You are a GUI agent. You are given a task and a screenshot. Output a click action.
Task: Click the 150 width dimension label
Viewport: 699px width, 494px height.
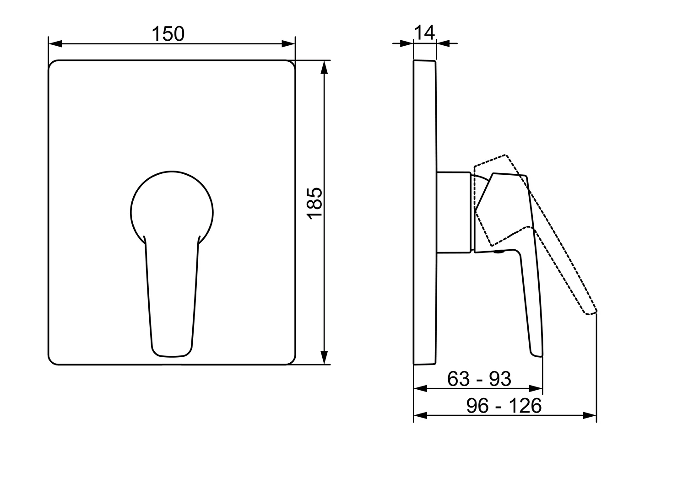point(168,34)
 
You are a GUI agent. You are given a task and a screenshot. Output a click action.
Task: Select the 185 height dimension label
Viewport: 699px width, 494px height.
point(314,204)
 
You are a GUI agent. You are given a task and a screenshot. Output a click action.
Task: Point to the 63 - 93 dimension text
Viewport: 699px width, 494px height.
point(479,379)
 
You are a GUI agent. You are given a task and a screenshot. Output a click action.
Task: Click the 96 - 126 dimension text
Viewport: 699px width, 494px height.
point(504,406)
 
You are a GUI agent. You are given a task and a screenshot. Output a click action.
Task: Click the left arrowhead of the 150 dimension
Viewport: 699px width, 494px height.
point(55,43)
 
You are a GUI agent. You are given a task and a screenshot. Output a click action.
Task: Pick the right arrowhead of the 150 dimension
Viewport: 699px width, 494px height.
point(288,43)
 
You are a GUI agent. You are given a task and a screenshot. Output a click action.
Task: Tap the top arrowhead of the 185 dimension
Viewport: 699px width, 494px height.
point(325,67)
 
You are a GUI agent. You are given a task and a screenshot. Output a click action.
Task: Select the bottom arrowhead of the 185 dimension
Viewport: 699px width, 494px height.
point(325,357)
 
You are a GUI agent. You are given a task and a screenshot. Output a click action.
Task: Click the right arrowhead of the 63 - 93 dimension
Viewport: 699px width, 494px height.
point(536,389)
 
